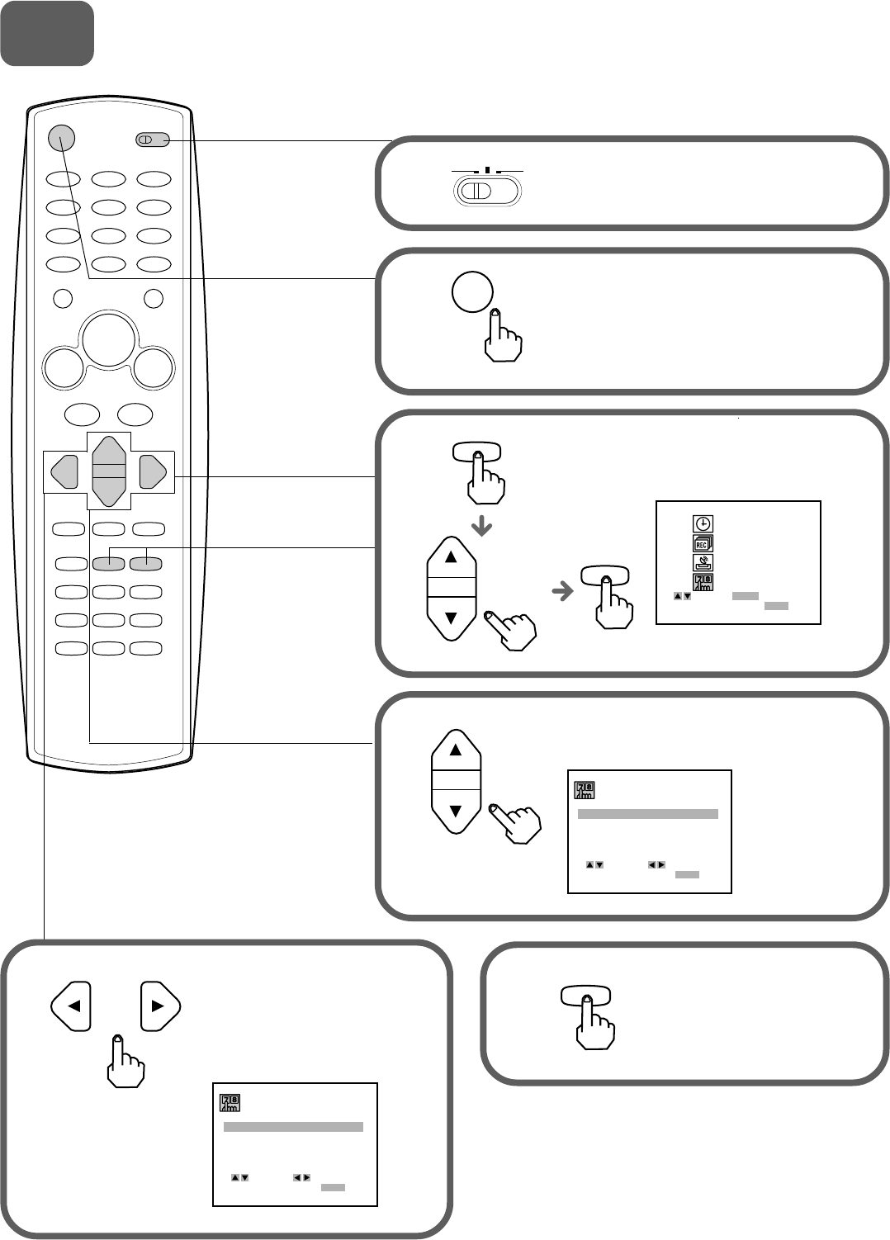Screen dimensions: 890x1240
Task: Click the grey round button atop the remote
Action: (62, 139)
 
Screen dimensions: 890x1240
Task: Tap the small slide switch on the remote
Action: (152, 140)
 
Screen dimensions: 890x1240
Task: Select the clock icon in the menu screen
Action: (703, 523)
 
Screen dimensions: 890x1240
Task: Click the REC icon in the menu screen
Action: (703, 543)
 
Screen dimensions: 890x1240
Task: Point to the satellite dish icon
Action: (703, 563)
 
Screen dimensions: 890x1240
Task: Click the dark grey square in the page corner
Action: (47, 33)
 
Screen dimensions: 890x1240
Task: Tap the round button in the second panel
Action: (473, 291)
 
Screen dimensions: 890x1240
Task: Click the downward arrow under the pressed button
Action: (481, 527)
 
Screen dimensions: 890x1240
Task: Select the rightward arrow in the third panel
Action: (562, 591)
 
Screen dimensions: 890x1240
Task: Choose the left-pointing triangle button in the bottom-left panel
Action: (71, 1006)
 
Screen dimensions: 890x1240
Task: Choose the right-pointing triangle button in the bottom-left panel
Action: (160, 1006)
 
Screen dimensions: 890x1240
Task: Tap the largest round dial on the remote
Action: (109, 338)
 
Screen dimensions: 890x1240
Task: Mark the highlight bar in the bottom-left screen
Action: (293, 1127)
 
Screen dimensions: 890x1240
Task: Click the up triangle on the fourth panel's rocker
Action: (456, 750)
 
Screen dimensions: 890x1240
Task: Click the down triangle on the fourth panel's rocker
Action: (456, 812)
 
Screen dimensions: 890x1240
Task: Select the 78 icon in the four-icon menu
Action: (703, 583)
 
